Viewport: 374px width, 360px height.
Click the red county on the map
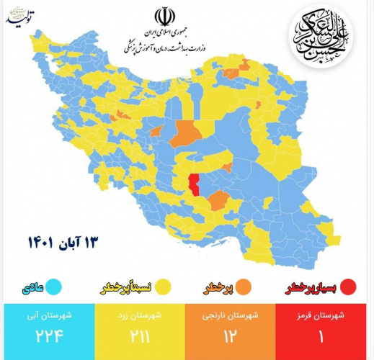click(x=193, y=185)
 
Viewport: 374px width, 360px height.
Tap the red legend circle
click(x=349, y=289)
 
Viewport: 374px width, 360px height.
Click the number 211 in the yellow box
click(x=138, y=336)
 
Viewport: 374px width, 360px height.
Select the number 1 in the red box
click(x=320, y=336)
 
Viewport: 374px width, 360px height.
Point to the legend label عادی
click(x=28, y=289)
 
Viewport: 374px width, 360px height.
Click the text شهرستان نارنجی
click(x=230, y=315)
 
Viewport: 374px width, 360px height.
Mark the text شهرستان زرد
click(x=139, y=315)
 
